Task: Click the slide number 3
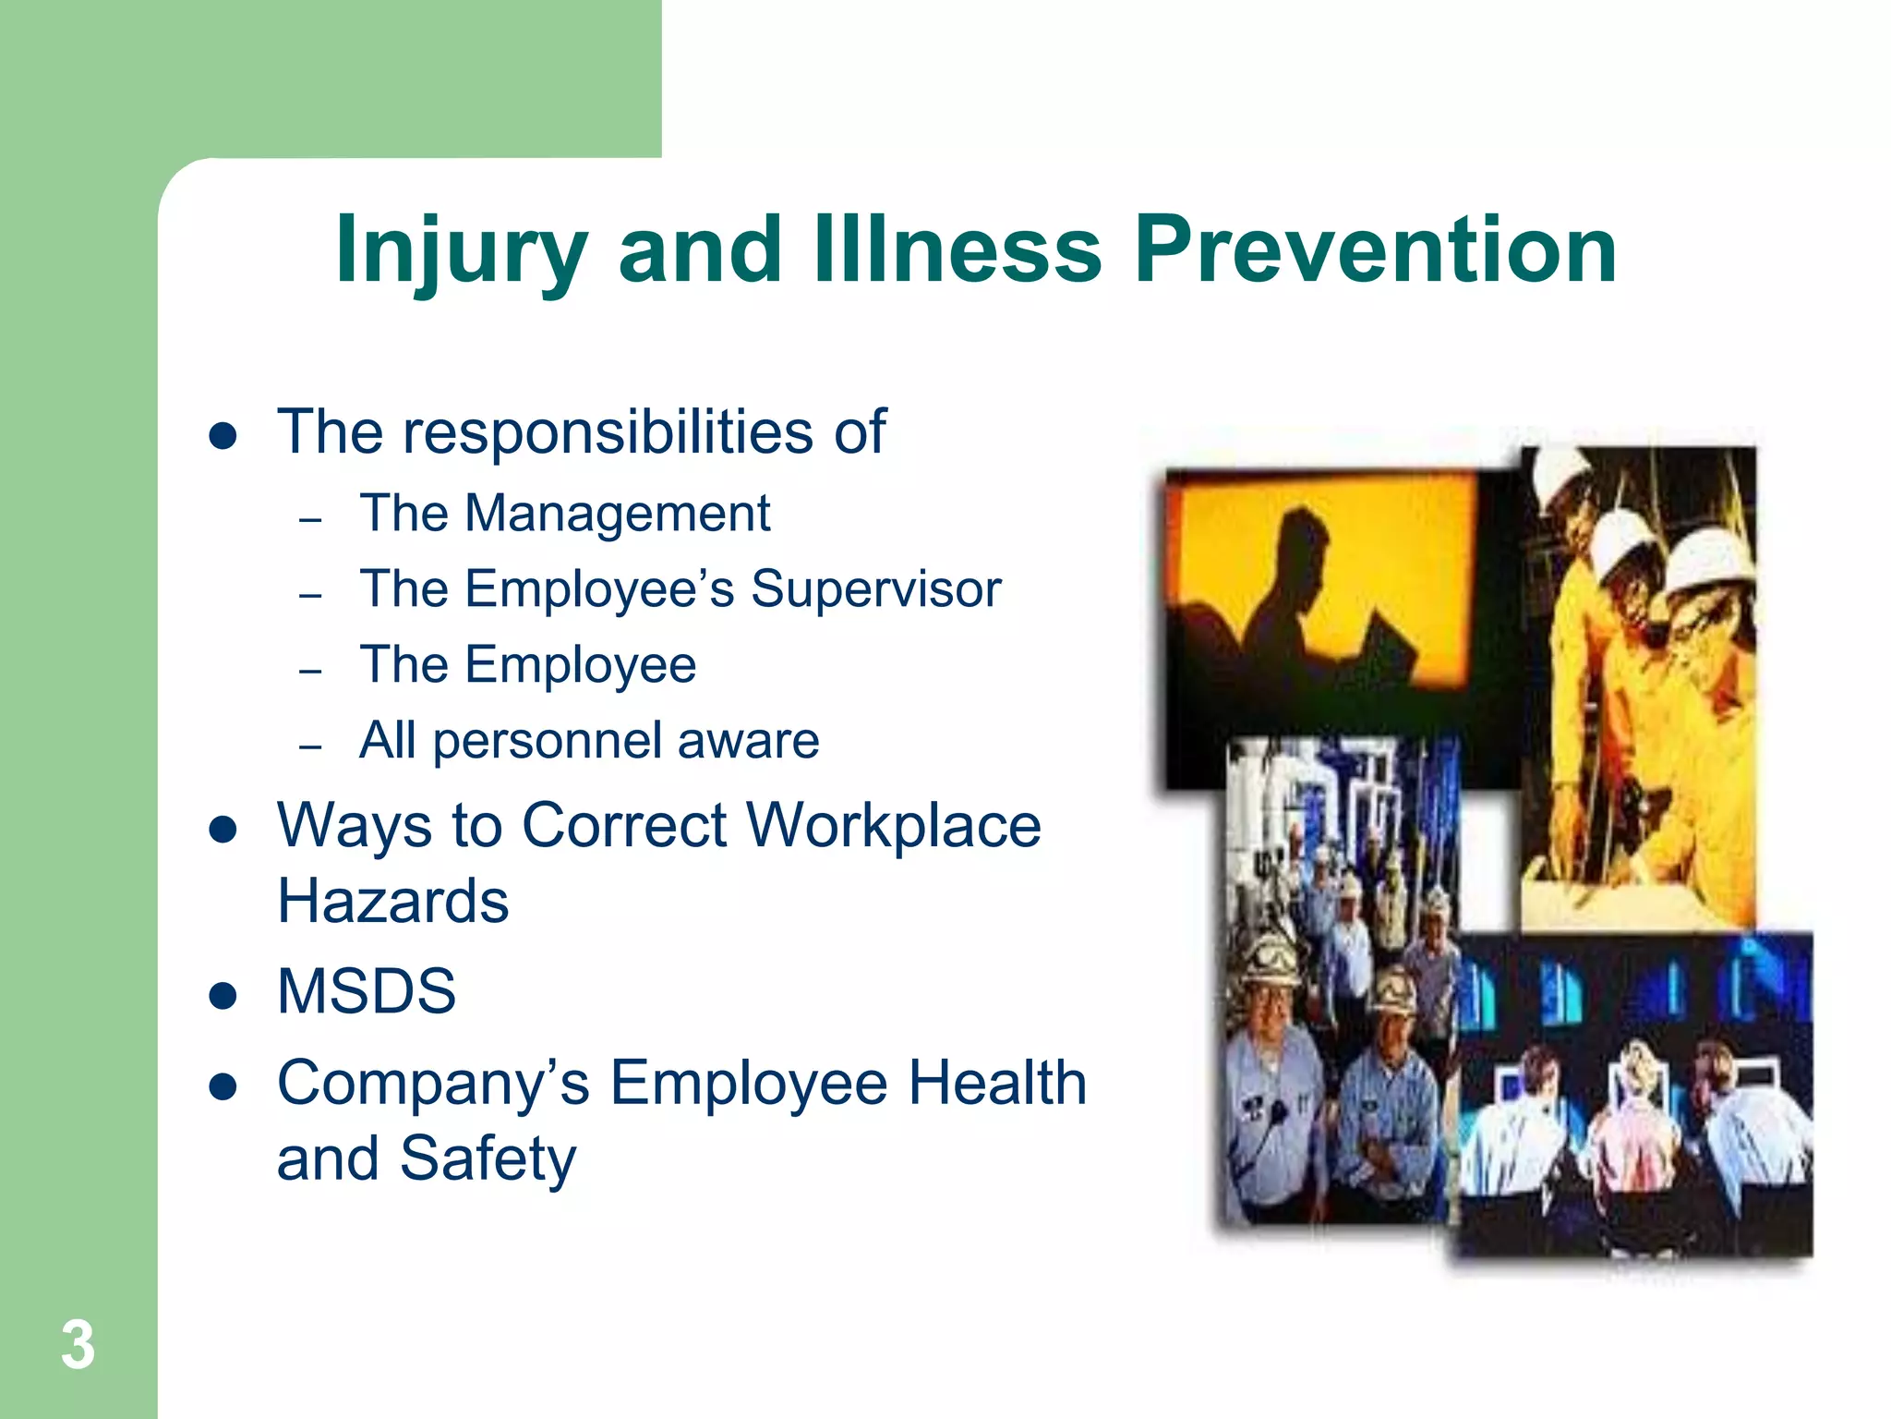click(x=78, y=1345)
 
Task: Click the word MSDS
click(x=366, y=991)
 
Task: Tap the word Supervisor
click(x=875, y=589)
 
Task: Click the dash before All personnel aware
click(x=310, y=746)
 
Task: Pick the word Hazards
click(x=392, y=902)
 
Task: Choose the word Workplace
click(x=893, y=825)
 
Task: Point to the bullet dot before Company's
click(x=223, y=1087)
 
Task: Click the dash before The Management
click(x=310, y=519)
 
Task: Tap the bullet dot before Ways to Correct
click(x=223, y=830)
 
